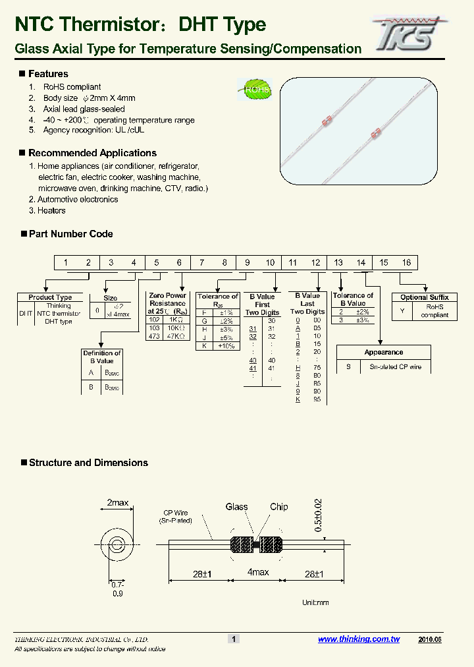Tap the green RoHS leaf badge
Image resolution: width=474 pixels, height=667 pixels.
255,89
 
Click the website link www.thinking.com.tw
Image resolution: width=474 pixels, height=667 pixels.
359,639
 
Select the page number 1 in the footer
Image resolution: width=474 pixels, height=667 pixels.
234,639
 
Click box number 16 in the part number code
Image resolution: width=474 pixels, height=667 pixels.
406,263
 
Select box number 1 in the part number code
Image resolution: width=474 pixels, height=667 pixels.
66,263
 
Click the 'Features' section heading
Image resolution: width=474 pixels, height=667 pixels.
48,74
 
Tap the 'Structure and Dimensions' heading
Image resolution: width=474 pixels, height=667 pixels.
88,463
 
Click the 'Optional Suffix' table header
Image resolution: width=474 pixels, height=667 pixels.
425,297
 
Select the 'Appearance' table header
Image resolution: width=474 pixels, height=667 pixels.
384,353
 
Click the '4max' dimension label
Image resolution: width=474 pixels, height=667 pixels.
258,572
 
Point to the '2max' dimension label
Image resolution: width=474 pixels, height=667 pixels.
118,503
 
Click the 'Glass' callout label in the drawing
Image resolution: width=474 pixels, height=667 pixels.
236,507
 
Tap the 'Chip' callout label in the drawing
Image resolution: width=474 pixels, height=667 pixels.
278,507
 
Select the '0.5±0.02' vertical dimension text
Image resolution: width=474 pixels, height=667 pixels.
319,515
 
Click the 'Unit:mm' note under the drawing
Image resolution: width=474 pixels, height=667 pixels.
315,602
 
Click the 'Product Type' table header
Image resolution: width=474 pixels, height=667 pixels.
50,297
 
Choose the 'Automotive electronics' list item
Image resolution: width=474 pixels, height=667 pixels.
78,199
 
